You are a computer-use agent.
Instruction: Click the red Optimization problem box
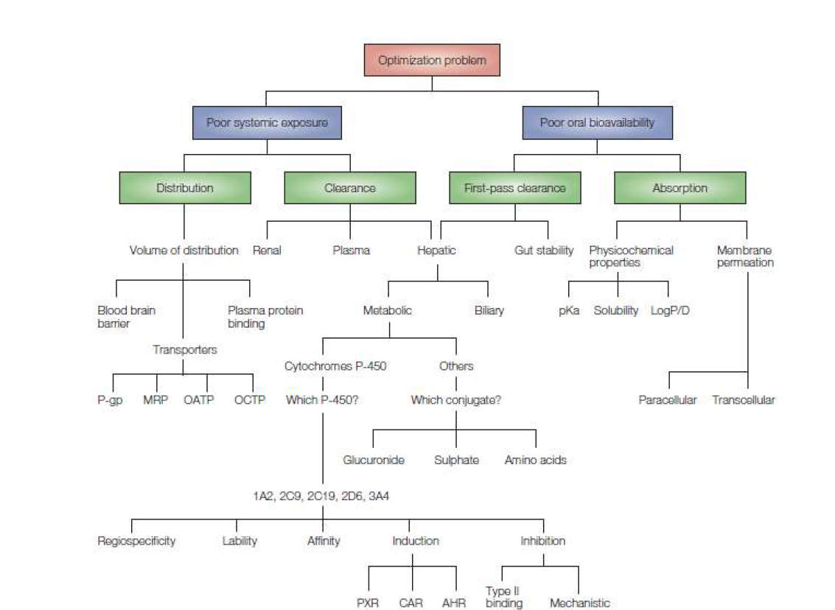pos(432,60)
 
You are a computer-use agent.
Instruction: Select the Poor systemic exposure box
pos(267,123)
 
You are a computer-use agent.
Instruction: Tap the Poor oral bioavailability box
pos(597,123)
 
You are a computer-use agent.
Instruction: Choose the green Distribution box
pos(184,188)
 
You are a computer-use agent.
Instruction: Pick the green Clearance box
pos(349,188)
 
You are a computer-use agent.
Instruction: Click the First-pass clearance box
pos(515,188)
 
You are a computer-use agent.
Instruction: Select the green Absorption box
pos(679,188)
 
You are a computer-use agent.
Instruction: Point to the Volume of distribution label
pos(184,250)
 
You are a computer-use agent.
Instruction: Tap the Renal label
pos(267,250)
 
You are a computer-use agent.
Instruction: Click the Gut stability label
pos(544,250)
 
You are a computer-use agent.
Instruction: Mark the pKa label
pos(569,311)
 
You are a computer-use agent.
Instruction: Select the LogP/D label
pos(669,311)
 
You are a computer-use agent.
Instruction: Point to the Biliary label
pos(489,311)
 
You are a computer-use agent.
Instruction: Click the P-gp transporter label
pos(110,401)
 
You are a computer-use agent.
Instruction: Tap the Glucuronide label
pos(374,460)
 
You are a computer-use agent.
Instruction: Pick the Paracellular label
pos(667,401)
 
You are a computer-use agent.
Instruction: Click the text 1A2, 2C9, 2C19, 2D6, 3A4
pos(321,497)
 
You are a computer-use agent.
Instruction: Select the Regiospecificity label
pos(136,541)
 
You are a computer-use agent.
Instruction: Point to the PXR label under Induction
pos(367,603)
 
